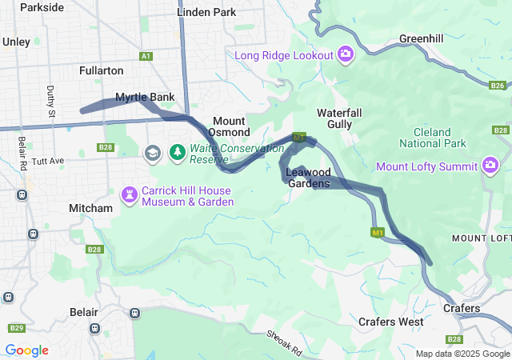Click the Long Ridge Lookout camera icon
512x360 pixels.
pos(346,54)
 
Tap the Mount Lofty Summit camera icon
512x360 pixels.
pos(490,166)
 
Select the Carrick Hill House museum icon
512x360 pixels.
pos(129,194)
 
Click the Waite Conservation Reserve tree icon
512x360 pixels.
pos(177,152)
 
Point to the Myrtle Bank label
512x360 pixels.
pos(145,98)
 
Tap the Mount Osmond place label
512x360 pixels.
pos(231,126)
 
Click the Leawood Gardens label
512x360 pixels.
pos(308,178)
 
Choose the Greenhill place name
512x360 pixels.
pos(421,38)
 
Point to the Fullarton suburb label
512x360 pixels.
pos(102,70)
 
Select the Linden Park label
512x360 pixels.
pos(206,12)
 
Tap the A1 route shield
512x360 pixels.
pos(146,56)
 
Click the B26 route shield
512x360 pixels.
pos(498,86)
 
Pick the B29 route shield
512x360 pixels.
pos(16,328)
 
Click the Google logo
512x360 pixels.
pos(26,350)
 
